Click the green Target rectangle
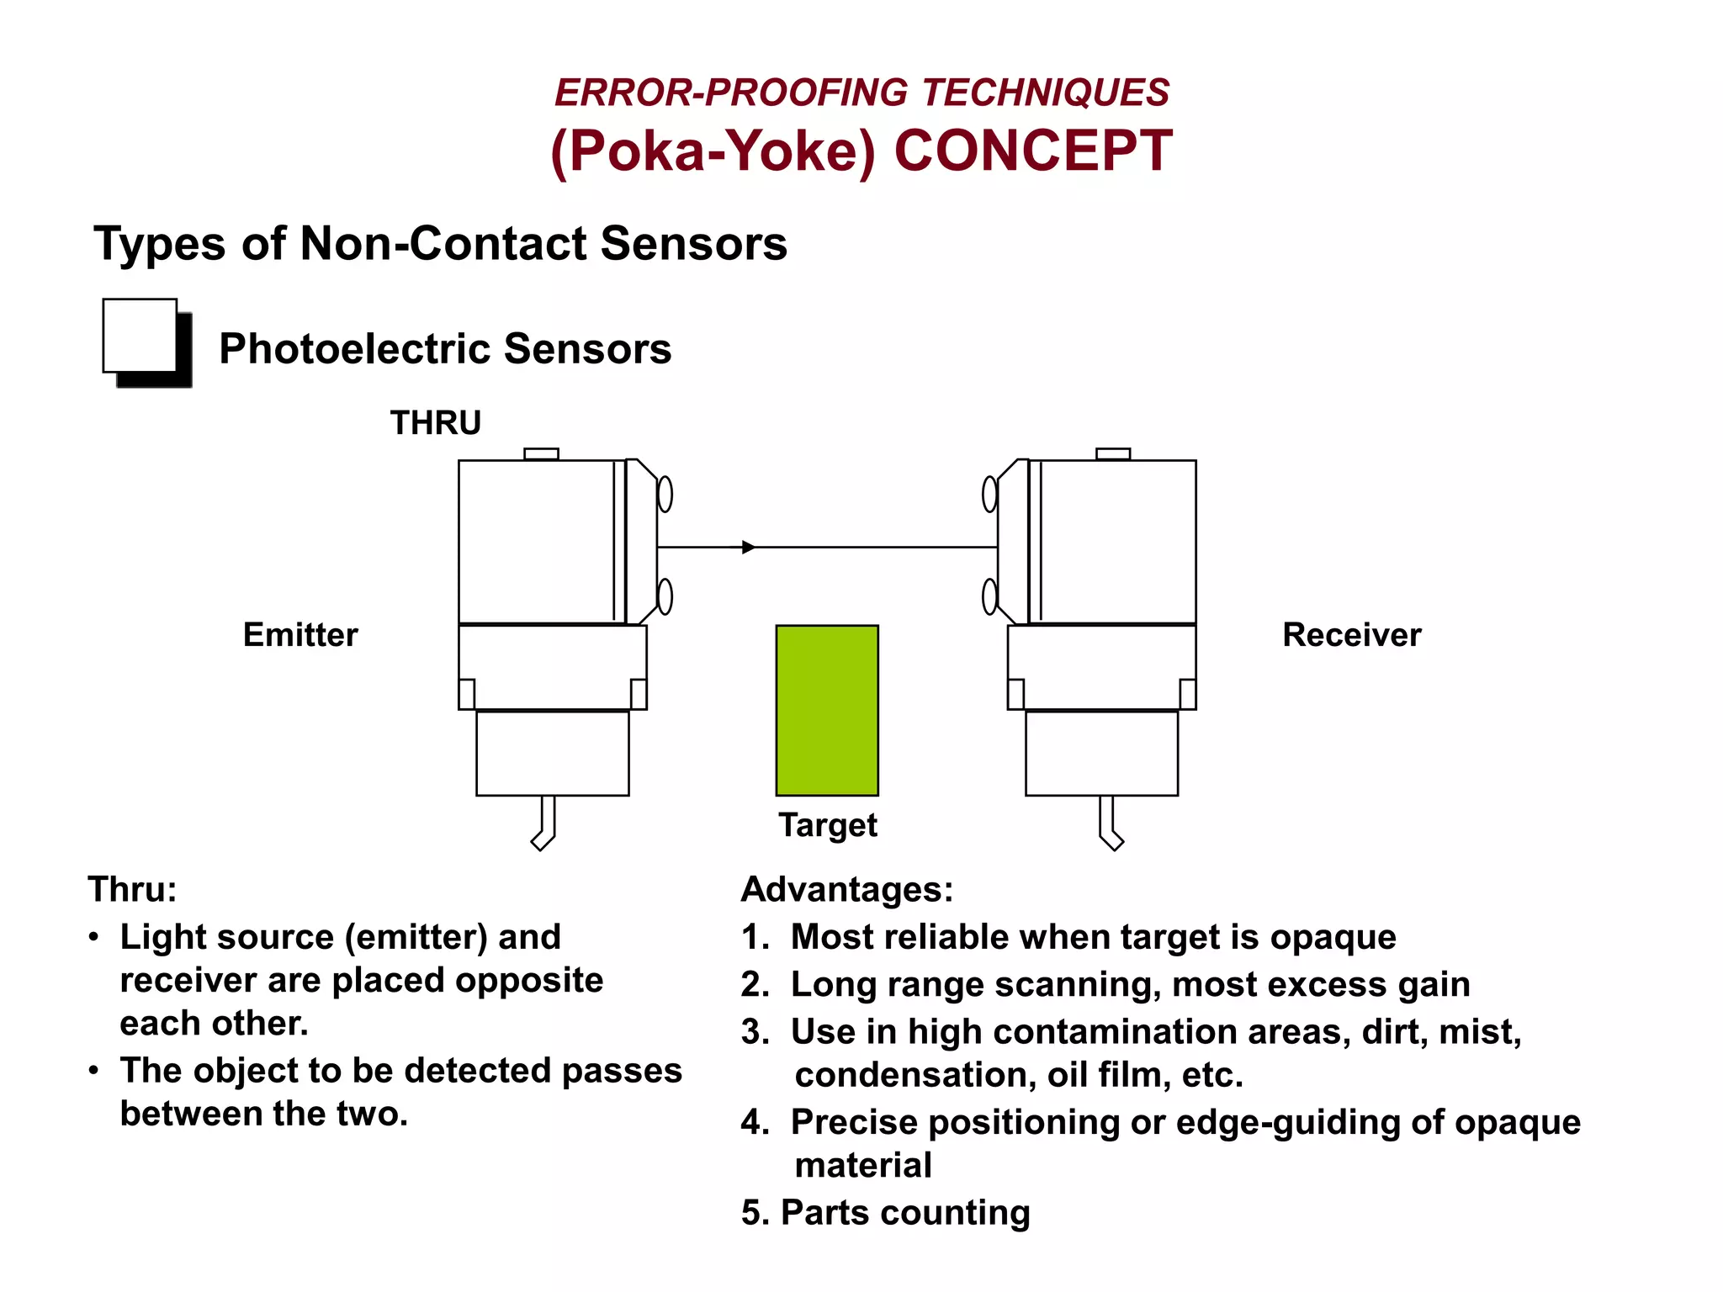click(x=826, y=710)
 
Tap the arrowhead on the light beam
click(x=748, y=548)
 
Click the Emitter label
click(x=300, y=634)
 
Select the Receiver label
click(x=1351, y=634)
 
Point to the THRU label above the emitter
click(x=436, y=422)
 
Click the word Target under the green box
click(x=827, y=825)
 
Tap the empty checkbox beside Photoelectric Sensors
click(x=140, y=336)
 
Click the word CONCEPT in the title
click(x=1032, y=151)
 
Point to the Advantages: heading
click(x=846, y=889)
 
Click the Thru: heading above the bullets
click(x=132, y=889)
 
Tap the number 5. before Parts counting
click(x=754, y=1213)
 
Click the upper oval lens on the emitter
click(x=665, y=494)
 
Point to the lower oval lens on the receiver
click(x=990, y=596)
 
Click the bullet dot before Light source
click(x=94, y=937)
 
